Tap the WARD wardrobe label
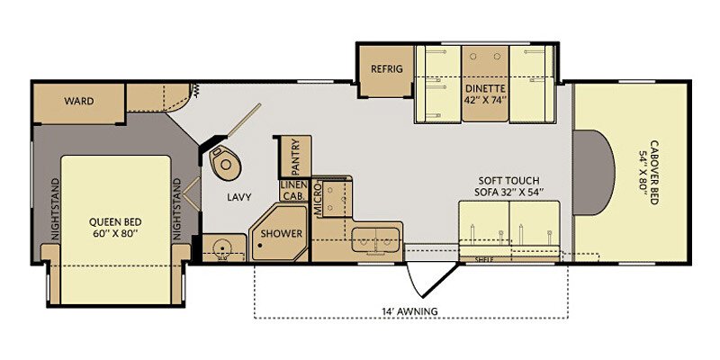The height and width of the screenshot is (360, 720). pos(79,101)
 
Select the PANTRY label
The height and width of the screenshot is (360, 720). pos(295,156)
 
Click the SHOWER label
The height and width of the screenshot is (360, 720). pos(282,234)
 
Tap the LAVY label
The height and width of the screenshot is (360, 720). pos(238,196)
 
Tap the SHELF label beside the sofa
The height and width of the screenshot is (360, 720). pos(484,258)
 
